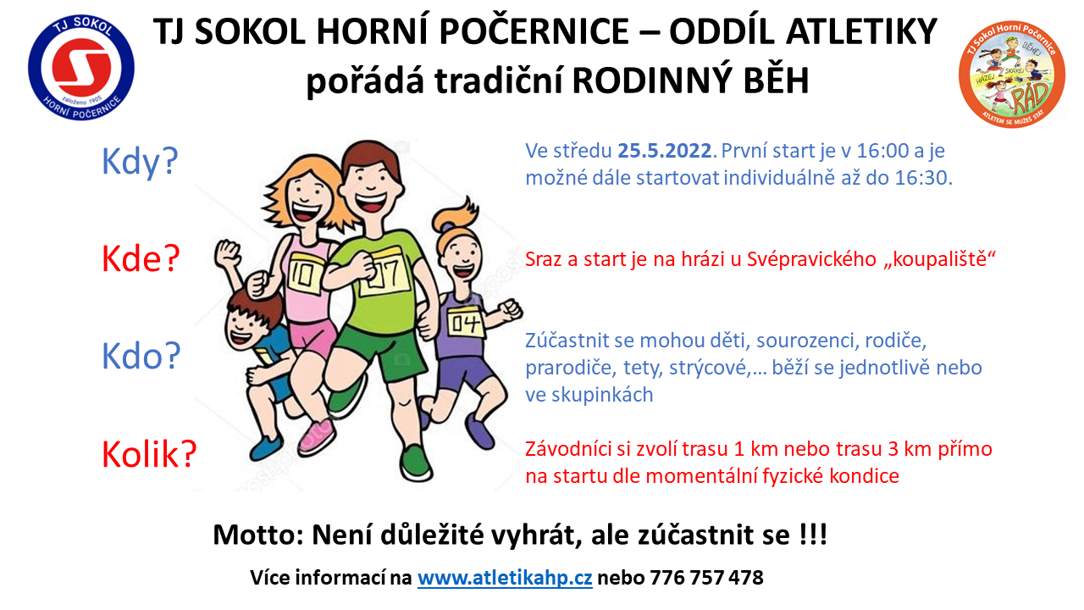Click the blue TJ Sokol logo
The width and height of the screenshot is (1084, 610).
click(81, 68)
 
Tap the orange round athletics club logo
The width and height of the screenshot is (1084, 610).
click(1012, 74)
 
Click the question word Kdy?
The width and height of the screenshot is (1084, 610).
click(140, 162)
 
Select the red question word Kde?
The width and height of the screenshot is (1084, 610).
click(141, 259)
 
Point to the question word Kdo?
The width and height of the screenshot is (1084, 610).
click(141, 356)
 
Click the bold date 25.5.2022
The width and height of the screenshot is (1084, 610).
click(665, 151)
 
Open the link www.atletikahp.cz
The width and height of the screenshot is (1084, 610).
click(505, 578)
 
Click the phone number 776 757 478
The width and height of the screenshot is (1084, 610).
click(706, 578)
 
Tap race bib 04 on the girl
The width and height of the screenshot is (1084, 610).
click(465, 323)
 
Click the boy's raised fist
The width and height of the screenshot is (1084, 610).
click(228, 252)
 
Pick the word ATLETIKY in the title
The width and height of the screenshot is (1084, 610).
click(861, 32)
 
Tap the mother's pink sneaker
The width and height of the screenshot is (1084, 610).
click(316, 436)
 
